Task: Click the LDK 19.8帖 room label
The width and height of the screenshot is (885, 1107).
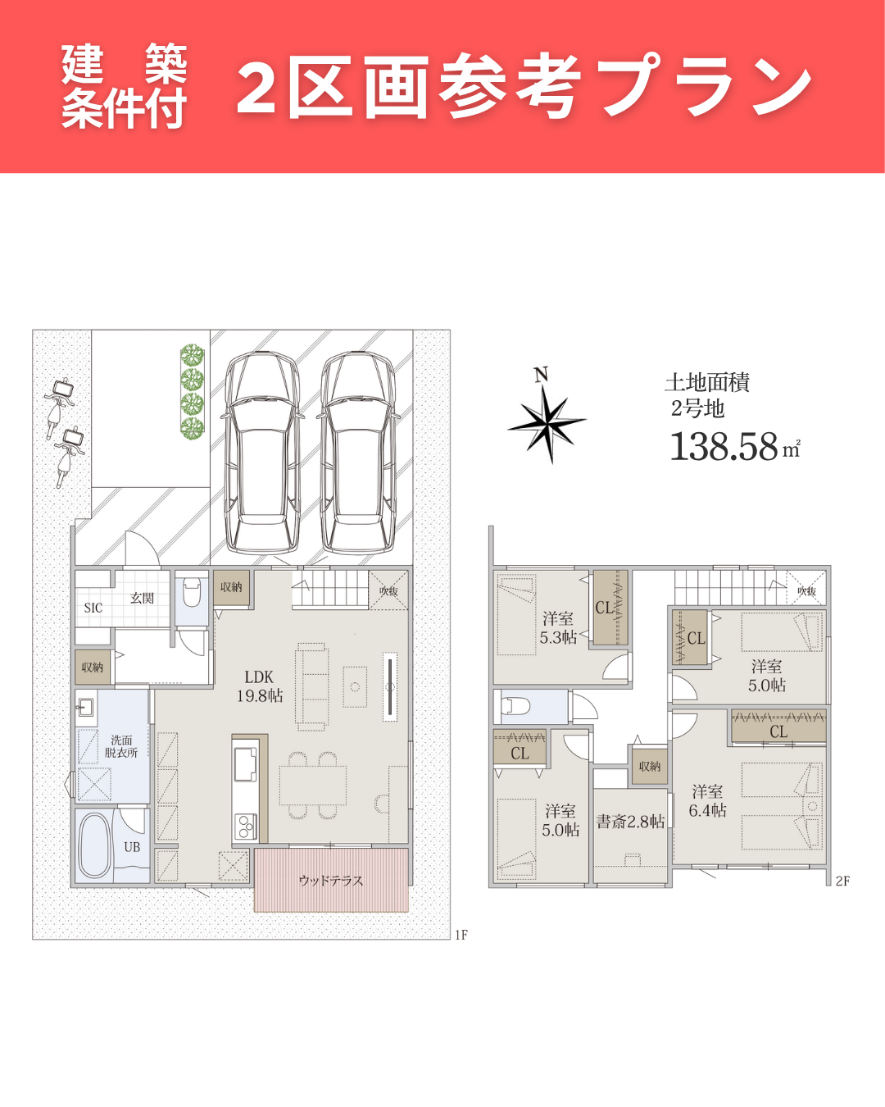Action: (260, 686)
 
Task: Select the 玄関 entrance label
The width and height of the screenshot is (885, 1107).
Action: (142, 598)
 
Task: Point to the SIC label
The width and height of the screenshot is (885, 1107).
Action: (93, 608)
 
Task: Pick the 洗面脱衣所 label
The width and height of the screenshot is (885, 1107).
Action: (121, 746)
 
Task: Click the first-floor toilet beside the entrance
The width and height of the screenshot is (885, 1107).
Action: (192, 592)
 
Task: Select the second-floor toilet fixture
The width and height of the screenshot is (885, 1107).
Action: (515, 705)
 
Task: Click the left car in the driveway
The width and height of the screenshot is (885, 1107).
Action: (261, 453)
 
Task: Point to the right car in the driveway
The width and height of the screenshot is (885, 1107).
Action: (358, 453)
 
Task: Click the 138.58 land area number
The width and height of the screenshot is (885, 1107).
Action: (724, 447)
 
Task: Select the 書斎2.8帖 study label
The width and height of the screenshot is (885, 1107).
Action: (630, 822)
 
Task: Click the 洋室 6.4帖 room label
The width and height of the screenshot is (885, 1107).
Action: (707, 801)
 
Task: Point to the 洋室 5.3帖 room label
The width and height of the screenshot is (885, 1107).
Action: (558, 628)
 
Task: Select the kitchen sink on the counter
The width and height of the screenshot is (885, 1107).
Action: (245, 764)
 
